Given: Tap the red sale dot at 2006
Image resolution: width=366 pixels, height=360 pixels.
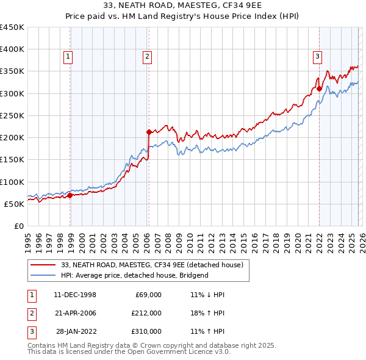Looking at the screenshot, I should (x=149, y=132).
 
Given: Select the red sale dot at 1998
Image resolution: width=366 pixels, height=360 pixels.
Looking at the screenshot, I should (x=70, y=195).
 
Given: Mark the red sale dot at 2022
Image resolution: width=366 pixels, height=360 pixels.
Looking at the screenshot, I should (x=320, y=88).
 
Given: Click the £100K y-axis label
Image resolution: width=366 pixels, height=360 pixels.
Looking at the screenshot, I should (x=12, y=182).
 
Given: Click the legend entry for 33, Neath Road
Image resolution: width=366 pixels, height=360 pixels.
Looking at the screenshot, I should (x=152, y=265).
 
